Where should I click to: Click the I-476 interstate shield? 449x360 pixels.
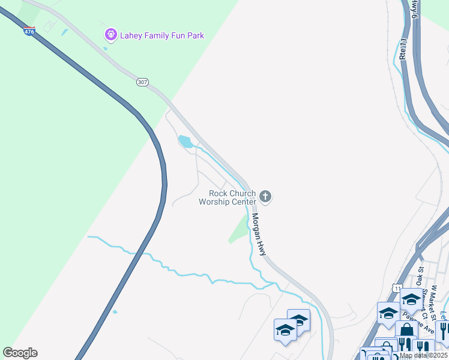tap(29, 31)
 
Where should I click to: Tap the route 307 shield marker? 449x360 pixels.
tap(142, 82)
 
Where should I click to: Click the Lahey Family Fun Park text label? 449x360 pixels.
tap(161, 35)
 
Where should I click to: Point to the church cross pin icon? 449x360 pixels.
tap(266, 196)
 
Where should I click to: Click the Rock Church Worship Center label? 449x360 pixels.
tap(228, 197)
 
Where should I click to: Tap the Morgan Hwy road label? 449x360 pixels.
tap(259, 235)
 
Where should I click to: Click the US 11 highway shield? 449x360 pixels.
tap(397, 289)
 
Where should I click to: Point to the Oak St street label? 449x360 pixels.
tap(421, 277)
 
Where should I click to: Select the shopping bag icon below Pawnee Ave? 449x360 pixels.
tap(406, 331)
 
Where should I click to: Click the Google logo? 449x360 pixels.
tap(20, 353)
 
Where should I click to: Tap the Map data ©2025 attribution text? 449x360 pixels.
tap(423, 356)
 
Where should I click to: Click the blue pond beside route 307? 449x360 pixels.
tap(185, 142)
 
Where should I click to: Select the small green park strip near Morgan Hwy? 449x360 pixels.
tap(239, 230)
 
